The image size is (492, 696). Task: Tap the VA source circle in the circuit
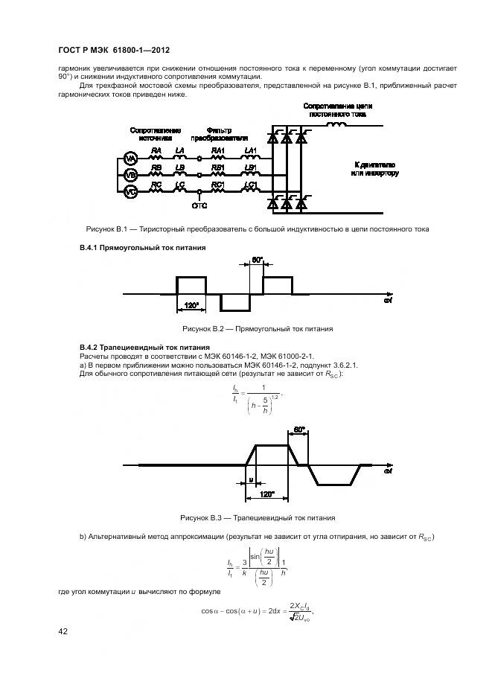pos(130,159)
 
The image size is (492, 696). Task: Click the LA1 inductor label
pos(251,150)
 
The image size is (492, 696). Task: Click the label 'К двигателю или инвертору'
pos(374,168)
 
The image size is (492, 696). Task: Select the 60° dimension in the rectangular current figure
pos(257,261)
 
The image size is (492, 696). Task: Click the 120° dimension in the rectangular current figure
pos(191,306)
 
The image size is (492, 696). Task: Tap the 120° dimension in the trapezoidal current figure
pos(266,494)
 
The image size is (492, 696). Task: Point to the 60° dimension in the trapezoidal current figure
pos(298,430)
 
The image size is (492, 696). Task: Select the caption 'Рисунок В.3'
pos(258,517)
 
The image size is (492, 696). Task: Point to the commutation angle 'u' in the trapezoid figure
pos(251,479)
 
